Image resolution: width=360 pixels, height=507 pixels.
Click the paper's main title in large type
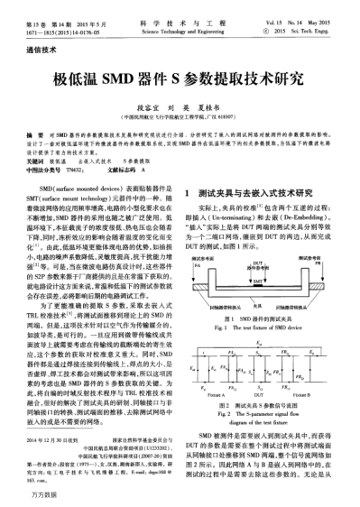(x=179, y=81)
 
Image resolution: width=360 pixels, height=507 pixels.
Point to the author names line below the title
(x=180, y=105)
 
